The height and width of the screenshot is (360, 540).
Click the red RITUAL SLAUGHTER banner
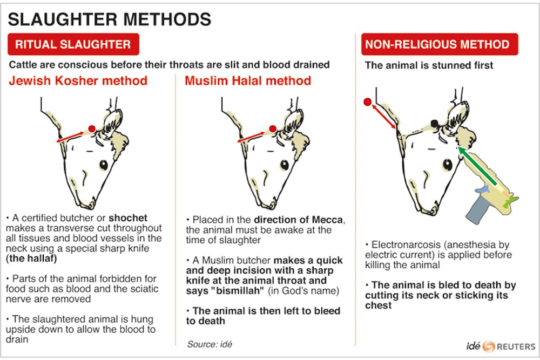click(73, 44)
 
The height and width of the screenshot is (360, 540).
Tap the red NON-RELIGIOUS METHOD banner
click(440, 44)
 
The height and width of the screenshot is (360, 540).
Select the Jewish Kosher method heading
click(78, 81)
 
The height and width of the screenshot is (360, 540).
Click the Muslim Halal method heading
click(248, 81)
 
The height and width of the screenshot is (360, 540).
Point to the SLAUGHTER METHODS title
click(110, 19)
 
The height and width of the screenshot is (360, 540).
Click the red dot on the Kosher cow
click(92, 128)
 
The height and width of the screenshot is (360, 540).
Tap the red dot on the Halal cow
click(273, 128)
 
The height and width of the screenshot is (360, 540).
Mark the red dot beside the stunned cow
click(367, 102)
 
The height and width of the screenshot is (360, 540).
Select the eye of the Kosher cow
click(104, 165)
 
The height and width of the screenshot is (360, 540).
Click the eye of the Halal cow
click(285, 165)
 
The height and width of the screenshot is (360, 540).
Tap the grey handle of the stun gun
click(480, 211)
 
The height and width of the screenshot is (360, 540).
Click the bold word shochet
click(128, 218)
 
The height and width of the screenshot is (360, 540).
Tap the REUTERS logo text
click(516, 347)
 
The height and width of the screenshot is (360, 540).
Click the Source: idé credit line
click(210, 344)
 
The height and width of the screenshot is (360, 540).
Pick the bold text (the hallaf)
click(31, 259)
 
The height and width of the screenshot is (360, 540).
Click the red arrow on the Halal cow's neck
click(251, 137)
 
